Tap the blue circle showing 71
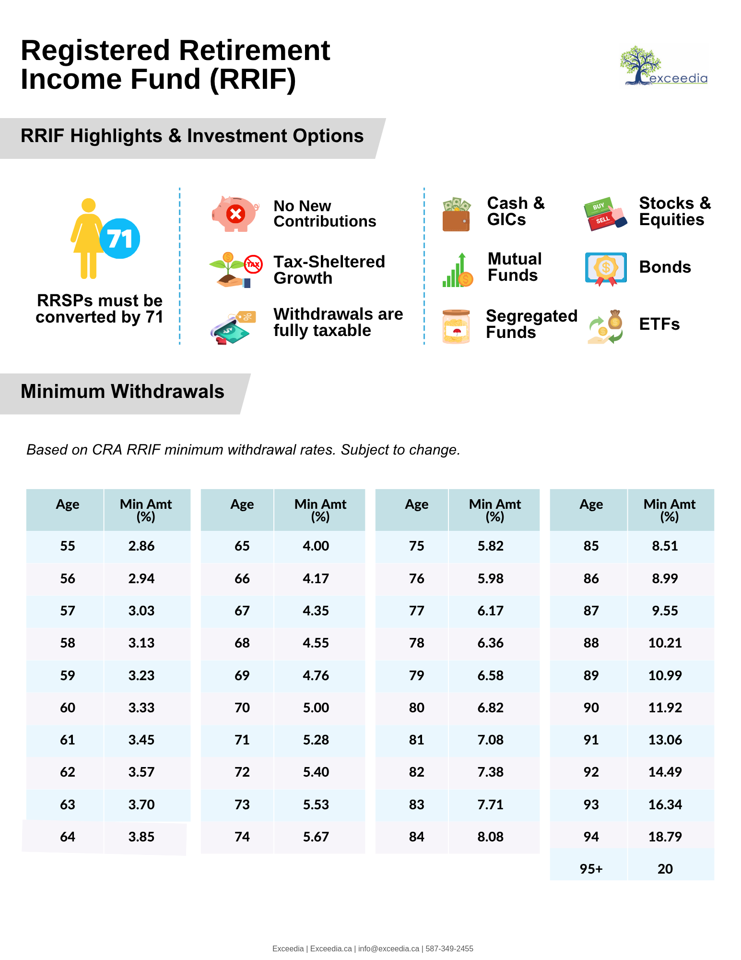pos(120,239)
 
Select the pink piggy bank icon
pos(235,214)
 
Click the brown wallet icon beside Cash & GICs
pos(456,215)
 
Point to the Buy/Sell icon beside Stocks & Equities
pos(605,214)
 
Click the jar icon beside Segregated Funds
pos(456,326)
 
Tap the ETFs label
pos(659,324)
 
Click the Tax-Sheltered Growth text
pos(329,270)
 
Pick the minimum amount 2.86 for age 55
pos(141,546)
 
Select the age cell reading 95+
pos(591,869)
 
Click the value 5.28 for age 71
pos(316,740)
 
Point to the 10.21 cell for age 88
pos(665,643)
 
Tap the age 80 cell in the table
pos(416,708)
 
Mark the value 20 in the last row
pos(665,869)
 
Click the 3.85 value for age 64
pos(141,837)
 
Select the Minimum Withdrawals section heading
pos(122,392)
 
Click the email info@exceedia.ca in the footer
pos(388,948)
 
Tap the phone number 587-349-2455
pos(449,948)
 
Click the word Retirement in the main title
pos(254,50)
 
